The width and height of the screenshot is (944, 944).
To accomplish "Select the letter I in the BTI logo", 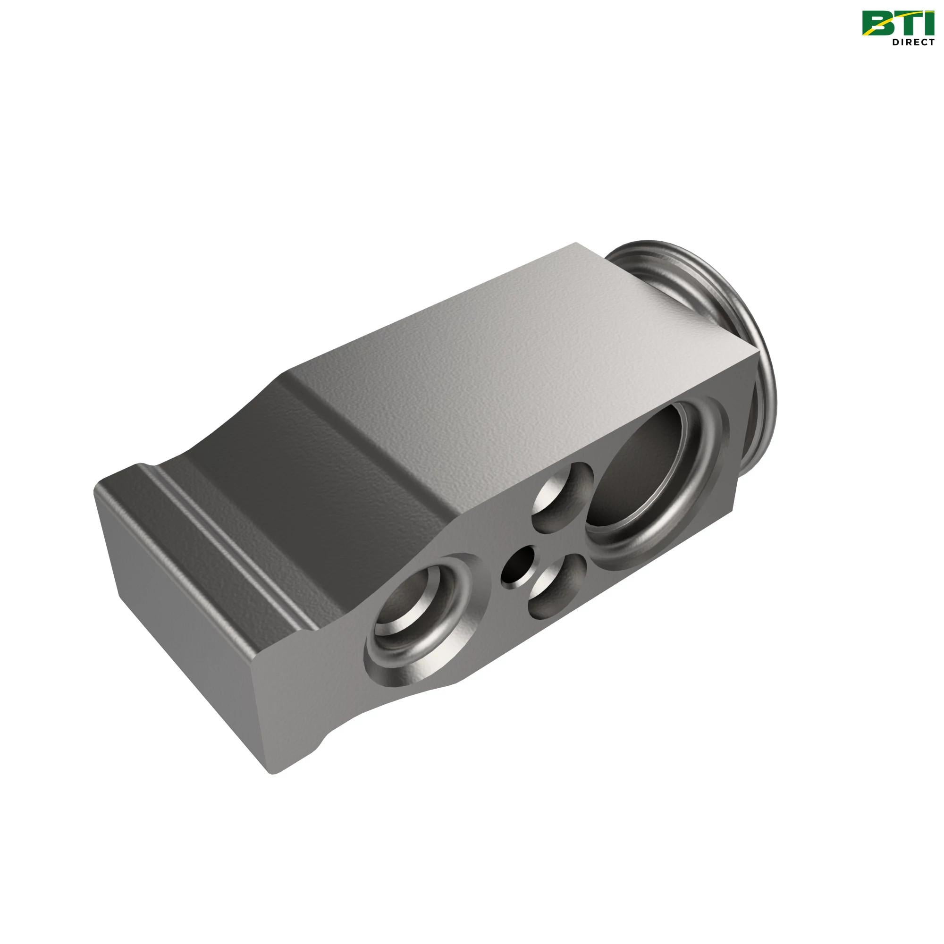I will [x=931, y=24].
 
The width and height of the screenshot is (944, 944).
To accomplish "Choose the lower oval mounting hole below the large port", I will [x=557, y=586].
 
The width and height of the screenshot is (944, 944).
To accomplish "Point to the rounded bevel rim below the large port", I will [x=655, y=542].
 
